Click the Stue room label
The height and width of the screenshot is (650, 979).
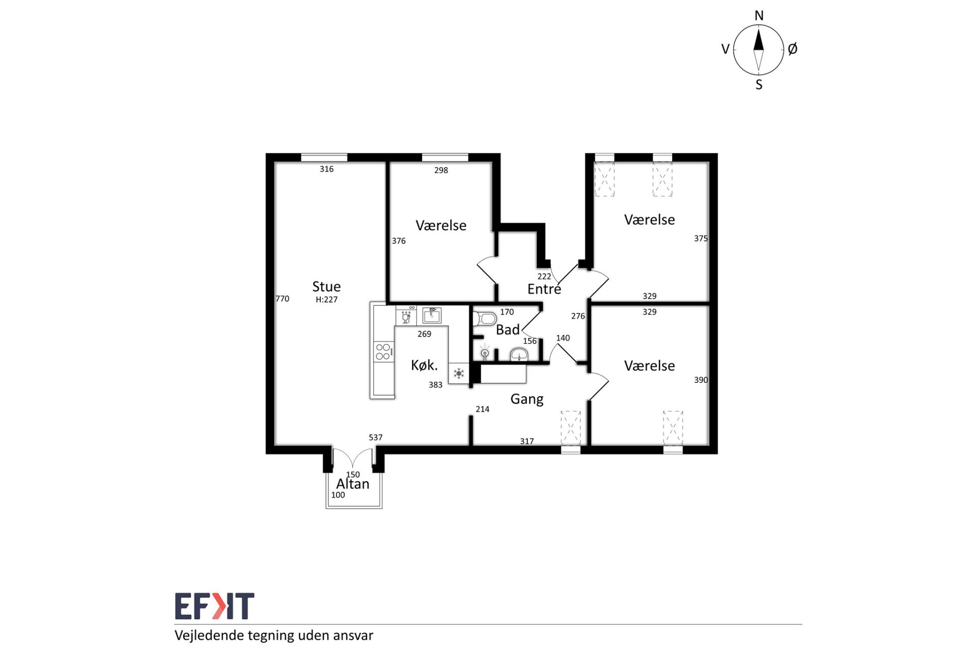click(x=326, y=287)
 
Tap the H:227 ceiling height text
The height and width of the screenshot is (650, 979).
click(x=326, y=300)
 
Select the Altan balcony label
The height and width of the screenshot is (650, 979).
click(x=353, y=484)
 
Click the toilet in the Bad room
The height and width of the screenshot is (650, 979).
click(x=484, y=319)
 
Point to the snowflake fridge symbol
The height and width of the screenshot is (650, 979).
click(x=459, y=373)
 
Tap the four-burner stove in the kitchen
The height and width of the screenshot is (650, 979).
click(x=384, y=352)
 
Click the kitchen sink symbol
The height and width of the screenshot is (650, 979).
click(x=432, y=315)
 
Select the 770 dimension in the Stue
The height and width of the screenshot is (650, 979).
click(x=282, y=299)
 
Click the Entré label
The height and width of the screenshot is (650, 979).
click(x=544, y=289)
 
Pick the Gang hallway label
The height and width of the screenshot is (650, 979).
click(x=527, y=399)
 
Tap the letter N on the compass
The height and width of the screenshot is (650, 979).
click(x=759, y=16)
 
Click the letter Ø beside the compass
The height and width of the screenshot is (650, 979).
click(x=792, y=49)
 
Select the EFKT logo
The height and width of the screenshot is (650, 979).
click(x=215, y=606)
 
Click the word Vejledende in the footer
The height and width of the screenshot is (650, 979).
click(x=210, y=635)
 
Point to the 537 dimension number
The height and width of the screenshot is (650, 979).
click(x=375, y=437)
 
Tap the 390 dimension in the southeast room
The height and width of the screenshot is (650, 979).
click(x=701, y=380)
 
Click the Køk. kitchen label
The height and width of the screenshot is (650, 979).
click(x=424, y=365)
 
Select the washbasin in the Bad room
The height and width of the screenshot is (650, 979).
click(x=519, y=355)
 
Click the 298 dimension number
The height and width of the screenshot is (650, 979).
click(x=441, y=170)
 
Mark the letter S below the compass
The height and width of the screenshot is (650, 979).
click(x=759, y=85)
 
